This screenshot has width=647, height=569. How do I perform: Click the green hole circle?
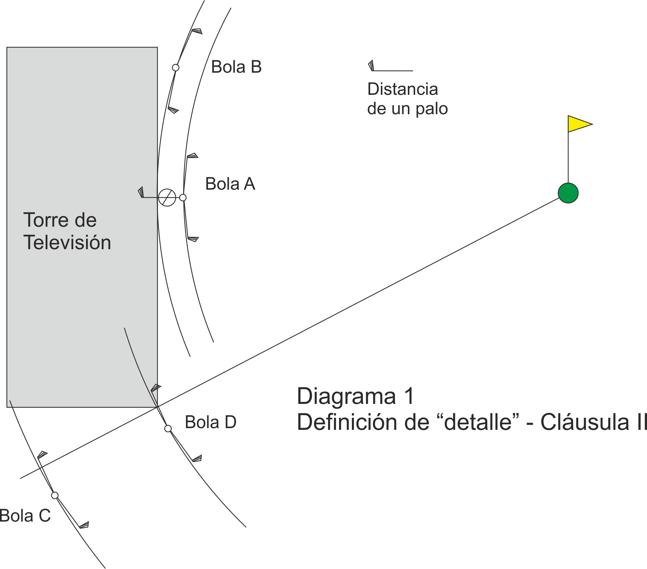(x=568, y=193)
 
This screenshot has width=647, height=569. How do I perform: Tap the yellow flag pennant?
(x=578, y=124)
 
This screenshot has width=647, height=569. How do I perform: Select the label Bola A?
(x=230, y=184)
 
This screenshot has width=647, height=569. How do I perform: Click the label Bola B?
(x=236, y=67)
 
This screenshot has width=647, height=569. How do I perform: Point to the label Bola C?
(x=25, y=516)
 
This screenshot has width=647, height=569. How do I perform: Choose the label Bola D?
(x=210, y=422)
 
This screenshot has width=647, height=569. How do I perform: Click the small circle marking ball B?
(x=176, y=67)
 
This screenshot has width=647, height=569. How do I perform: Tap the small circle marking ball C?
(x=55, y=495)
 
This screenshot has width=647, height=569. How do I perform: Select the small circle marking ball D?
(x=168, y=428)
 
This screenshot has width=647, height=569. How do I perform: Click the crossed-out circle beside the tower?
(x=167, y=198)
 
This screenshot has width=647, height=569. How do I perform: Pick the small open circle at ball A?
(x=183, y=198)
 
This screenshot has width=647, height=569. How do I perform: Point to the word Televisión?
(x=67, y=242)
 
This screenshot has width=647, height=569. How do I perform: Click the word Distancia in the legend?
(x=403, y=89)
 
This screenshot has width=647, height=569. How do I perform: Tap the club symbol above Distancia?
(x=390, y=66)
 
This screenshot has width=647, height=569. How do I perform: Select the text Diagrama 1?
(x=355, y=396)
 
